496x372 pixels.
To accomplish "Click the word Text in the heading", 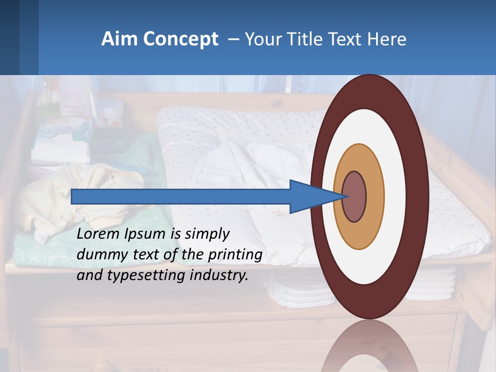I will pyautogui.click(x=348, y=39).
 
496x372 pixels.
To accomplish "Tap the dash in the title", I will pyautogui.click(x=234, y=39).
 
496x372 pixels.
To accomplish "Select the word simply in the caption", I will pyautogui.click(x=207, y=234).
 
